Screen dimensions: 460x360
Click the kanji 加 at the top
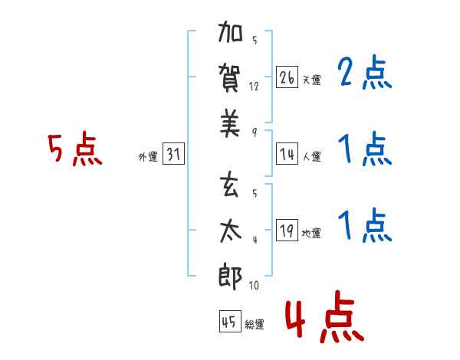230,31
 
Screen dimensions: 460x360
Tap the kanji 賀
230,78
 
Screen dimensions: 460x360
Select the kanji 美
230,123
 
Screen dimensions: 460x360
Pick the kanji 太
231,231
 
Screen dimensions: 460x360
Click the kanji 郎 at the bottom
230,277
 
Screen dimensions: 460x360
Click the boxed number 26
287,77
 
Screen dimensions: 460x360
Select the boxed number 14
287,154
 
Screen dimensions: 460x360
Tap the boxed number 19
287,230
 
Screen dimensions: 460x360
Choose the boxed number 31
173,154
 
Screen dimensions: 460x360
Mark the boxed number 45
230,321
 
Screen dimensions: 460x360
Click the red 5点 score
75,149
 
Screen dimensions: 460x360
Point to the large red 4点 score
324,316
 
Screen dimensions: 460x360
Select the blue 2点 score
365,72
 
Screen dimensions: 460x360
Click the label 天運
312,80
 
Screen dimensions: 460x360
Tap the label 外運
148,157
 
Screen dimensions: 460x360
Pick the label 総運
255,324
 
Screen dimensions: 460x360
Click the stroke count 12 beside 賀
254,87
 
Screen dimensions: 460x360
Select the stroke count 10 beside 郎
254,285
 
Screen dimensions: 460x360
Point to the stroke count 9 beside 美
255,133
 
